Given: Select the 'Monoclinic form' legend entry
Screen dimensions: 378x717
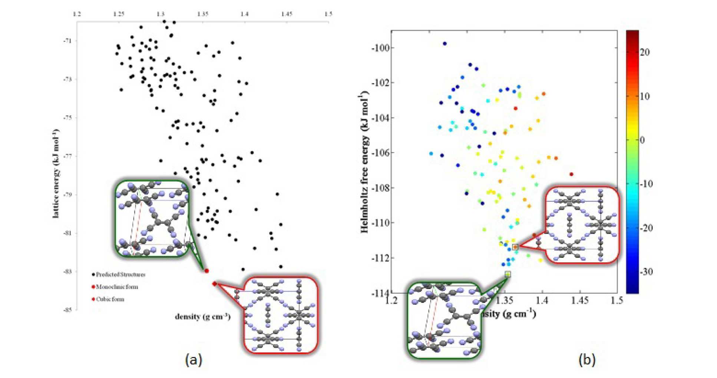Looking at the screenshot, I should (116, 287).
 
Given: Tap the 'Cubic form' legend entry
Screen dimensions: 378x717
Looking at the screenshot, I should (110, 299).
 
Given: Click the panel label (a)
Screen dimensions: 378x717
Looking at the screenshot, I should (194, 359).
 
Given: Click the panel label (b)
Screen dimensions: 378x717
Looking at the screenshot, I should (587, 359).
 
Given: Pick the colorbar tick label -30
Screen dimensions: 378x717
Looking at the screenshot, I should (645, 272).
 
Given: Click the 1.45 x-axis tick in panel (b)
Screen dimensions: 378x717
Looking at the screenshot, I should (580, 300).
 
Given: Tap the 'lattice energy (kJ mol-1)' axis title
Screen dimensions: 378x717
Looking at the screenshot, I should (56, 173).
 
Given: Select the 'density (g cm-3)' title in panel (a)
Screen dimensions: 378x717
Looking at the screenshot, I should (202, 316).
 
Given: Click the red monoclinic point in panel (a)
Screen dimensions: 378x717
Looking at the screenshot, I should (206, 271).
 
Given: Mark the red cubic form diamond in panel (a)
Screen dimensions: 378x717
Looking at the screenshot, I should (215, 284).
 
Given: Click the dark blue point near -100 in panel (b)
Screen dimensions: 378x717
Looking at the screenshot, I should (445, 44).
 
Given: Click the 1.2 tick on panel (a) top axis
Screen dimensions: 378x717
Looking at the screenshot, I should (77, 14).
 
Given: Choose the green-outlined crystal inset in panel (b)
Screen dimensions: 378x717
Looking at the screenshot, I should (444, 321).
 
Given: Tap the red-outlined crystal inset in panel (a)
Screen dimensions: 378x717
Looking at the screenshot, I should (281, 315).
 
